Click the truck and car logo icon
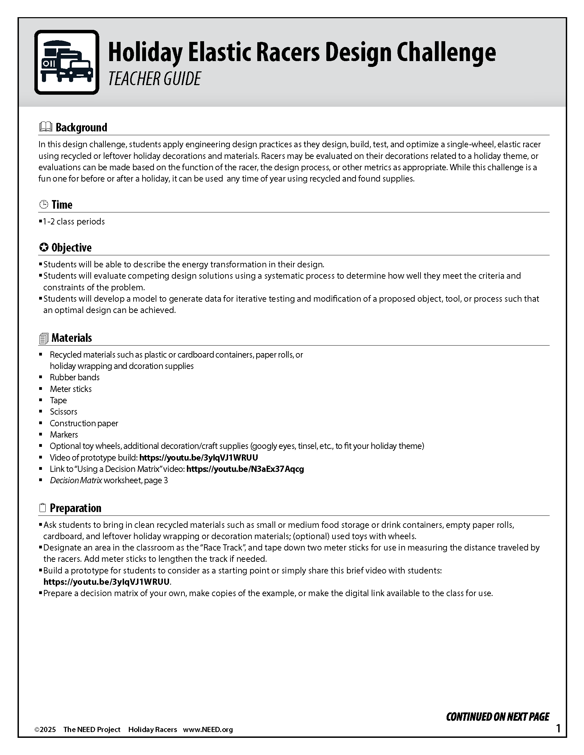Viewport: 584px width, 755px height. click(x=67, y=62)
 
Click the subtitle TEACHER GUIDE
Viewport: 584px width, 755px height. click(x=154, y=79)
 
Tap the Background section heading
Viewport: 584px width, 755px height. click(x=81, y=127)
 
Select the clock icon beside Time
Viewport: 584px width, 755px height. click(x=44, y=205)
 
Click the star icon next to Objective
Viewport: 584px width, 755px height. click(x=44, y=247)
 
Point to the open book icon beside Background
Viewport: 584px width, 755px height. click(x=45, y=127)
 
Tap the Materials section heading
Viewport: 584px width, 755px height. click(x=71, y=338)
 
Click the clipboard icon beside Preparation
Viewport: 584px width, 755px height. click(x=43, y=508)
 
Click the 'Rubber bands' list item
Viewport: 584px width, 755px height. click(x=75, y=377)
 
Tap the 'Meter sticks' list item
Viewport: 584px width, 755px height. click(x=70, y=389)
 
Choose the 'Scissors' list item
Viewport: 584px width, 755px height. click(x=63, y=411)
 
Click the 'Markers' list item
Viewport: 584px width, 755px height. click(x=64, y=434)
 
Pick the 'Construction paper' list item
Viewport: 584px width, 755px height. click(x=84, y=423)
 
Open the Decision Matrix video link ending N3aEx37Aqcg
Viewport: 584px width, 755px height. click(x=245, y=469)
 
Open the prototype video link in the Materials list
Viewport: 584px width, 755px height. click(x=199, y=457)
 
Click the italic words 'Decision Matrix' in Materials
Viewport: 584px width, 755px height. click(x=76, y=480)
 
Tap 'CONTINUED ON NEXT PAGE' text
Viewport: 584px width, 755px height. click(x=497, y=717)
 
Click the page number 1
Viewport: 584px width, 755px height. click(x=558, y=728)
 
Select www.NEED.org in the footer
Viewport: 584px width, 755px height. click(x=207, y=729)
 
